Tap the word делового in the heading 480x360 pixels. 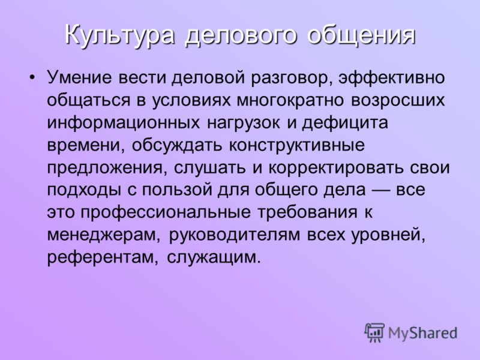(x=241, y=35)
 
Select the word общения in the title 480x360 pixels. (x=361, y=34)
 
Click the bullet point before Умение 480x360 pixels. (x=32, y=78)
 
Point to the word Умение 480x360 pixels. (x=79, y=77)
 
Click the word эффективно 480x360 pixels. (x=392, y=77)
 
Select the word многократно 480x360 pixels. (x=290, y=100)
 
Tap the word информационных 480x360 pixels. (x=124, y=122)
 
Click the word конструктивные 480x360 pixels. (x=297, y=145)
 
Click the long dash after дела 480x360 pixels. (x=381, y=190)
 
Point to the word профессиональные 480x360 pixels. (x=166, y=212)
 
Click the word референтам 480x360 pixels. (x=103, y=258)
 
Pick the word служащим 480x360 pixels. (x=214, y=258)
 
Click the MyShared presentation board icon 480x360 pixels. (x=374, y=332)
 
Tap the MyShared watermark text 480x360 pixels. (x=423, y=333)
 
